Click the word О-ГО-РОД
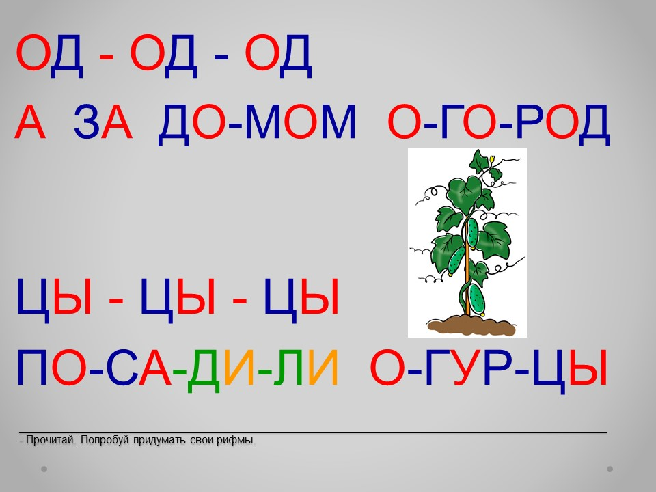[x=499, y=122]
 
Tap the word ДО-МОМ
[x=257, y=122]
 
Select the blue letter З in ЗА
[x=86, y=122]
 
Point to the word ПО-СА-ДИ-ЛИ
[x=177, y=368]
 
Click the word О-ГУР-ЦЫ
[x=488, y=368]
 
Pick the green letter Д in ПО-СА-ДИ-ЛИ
[x=204, y=370]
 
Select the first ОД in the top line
[x=49, y=56]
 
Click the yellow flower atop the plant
[x=492, y=159]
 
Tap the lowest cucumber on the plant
[x=476, y=299]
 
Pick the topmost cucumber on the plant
[x=472, y=233]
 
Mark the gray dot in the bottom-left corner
[x=44, y=469]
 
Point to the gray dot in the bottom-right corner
[x=610, y=469]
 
